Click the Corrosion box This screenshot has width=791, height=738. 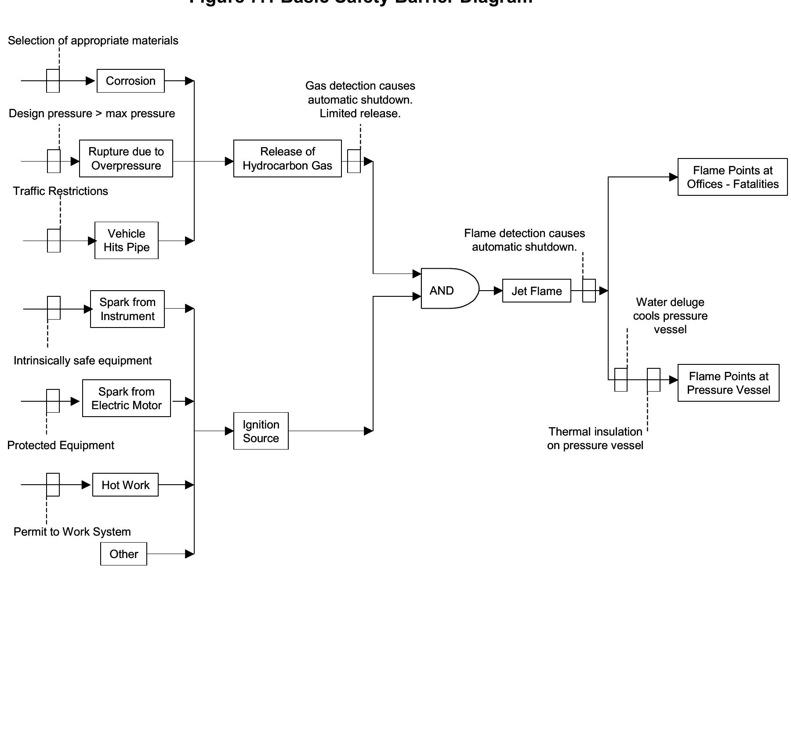[131, 81]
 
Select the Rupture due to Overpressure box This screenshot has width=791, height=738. [126, 158]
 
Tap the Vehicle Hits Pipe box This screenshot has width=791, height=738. [127, 240]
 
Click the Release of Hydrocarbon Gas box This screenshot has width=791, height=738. [287, 158]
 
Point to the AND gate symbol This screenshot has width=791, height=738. [448, 288]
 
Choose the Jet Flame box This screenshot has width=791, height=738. [537, 291]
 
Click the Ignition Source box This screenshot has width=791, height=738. [261, 431]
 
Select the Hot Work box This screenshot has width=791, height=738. [125, 485]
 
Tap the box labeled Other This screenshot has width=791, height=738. [123, 554]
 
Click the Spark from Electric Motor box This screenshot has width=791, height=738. [127, 398]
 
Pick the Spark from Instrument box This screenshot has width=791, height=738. [127, 309]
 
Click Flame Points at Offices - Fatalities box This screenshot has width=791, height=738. [733, 177]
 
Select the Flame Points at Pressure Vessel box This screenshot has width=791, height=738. [728, 383]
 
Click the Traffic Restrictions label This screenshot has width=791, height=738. [61, 191]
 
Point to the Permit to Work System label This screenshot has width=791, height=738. [72, 532]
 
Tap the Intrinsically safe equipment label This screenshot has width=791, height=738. [83, 360]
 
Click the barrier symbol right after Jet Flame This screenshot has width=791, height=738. [589, 291]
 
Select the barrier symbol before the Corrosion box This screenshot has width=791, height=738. [53, 81]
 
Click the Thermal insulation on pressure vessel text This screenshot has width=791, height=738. [595, 438]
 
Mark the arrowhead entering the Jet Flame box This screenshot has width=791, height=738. [498, 291]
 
